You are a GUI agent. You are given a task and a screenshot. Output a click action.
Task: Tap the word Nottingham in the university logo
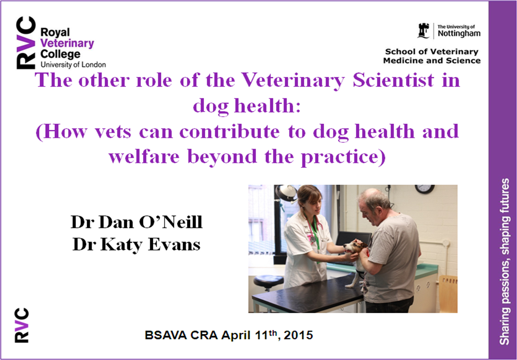coord(459,34)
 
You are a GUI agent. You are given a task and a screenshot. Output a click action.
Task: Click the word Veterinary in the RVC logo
coord(67,44)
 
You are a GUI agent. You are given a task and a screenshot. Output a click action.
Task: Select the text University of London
coord(73,65)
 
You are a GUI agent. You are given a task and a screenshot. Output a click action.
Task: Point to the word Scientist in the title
coord(393,80)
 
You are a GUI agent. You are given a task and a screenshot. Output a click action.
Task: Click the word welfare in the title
coord(144,156)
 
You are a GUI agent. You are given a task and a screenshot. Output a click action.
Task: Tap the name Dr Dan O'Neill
coord(137,222)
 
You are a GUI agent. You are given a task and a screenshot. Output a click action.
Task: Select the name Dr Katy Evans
coord(136,245)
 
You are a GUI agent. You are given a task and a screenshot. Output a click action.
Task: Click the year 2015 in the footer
coord(298,335)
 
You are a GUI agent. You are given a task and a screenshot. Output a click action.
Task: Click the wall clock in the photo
coord(425,189)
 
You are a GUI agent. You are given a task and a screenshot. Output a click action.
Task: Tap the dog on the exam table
coord(355,261)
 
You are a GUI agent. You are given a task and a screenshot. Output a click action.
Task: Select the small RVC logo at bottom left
coord(21,326)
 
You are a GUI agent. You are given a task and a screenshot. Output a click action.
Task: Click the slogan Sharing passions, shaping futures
coord(504,262)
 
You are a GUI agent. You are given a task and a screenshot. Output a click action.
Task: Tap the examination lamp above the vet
coord(286,193)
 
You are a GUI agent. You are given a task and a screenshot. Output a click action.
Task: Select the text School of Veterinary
coord(431,52)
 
